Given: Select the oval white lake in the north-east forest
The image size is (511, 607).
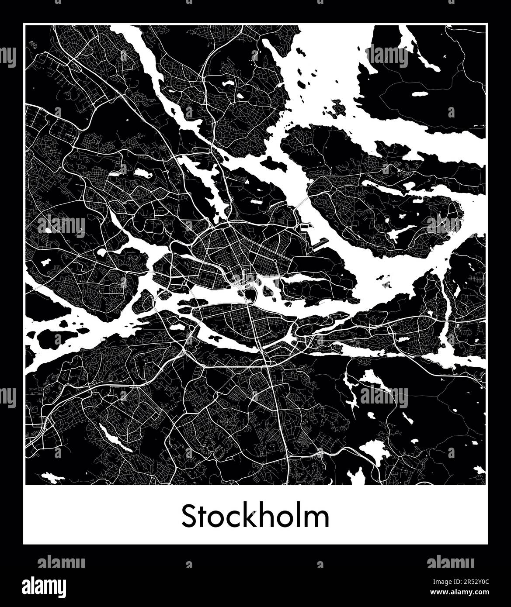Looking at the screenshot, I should point(419,94).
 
